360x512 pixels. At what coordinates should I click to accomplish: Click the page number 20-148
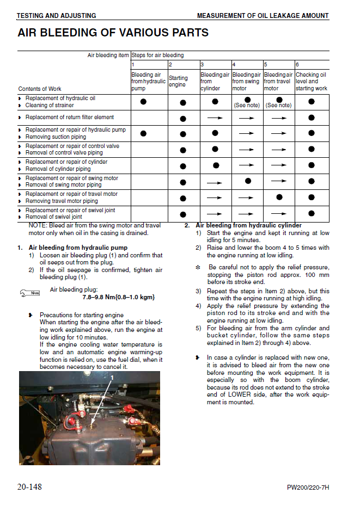pos(29,486)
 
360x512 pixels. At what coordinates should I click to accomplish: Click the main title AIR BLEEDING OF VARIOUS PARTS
pos(113,33)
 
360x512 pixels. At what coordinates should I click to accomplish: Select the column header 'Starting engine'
pos(178,82)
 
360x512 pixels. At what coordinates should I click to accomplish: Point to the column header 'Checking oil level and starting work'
pos(311,82)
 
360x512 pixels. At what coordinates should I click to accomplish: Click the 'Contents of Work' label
pos(40,89)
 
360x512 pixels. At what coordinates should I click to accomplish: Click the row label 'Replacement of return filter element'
pos(70,117)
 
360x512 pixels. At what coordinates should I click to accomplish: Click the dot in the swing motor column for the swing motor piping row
pos(248,181)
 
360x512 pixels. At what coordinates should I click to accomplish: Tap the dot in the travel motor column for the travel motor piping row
pos(279,197)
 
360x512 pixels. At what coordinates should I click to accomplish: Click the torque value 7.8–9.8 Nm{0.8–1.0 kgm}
pos(118,297)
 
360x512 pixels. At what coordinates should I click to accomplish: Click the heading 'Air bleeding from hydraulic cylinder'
pos(248,225)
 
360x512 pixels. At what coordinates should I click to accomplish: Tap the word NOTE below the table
pos(38,225)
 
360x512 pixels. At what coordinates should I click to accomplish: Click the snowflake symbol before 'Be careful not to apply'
pos(198,267)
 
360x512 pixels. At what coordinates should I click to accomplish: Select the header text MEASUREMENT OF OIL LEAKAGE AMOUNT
pos(263,16)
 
